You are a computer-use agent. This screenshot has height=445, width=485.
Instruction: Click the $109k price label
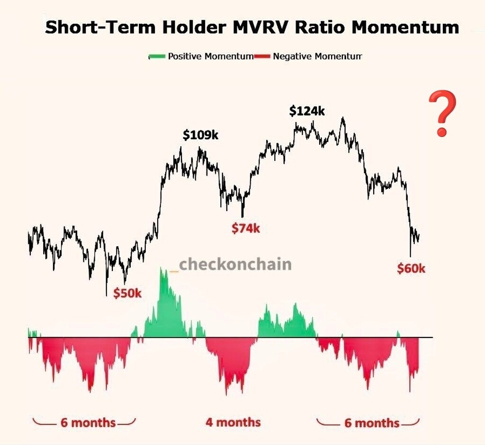(x=200, y=135)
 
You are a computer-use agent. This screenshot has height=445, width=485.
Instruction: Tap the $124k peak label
(x=307, y=111)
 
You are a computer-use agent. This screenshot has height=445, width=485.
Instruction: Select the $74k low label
(x=246, y=228)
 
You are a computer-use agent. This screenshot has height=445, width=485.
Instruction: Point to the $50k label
(x=127, y=294)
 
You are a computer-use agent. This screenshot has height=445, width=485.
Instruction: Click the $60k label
(x=411, y=269)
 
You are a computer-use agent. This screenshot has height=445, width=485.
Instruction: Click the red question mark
(x=442, y=114)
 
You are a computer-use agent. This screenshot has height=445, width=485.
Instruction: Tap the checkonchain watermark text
(x=235, y=264)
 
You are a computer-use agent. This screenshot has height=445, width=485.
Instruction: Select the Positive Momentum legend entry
(x=210, y=56)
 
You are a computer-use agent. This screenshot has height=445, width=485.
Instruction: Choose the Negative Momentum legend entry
(x=317, y=56)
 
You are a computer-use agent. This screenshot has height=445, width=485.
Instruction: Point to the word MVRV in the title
(x=257, y=27)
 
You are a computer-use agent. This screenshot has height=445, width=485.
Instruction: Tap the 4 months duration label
(x=233, y=422)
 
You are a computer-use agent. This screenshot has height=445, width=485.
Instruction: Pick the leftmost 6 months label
(x=88, y=422)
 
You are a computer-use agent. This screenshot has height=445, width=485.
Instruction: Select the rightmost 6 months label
(x=371, y=423)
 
